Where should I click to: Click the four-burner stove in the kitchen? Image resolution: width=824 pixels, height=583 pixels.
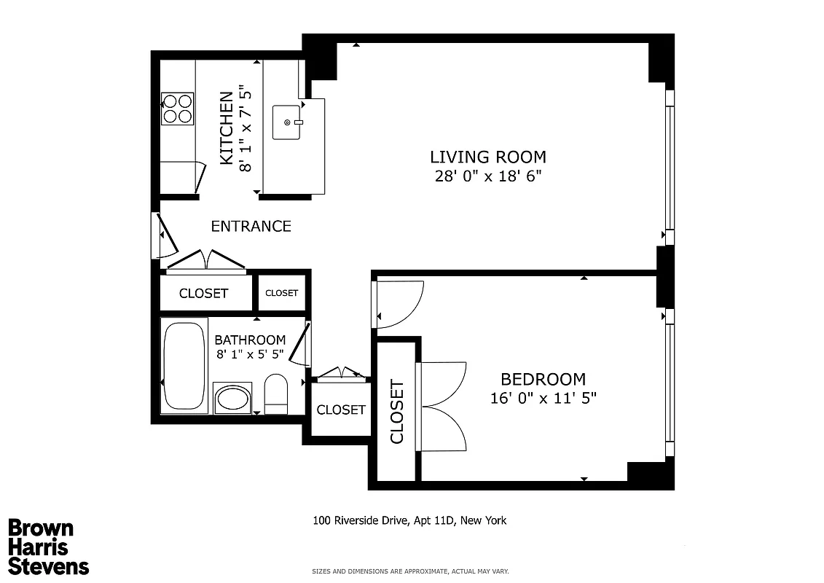pos(177,109)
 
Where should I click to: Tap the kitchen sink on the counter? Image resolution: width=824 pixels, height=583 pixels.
pos(287,122)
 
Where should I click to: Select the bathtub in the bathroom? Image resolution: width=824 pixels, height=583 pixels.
pos(184,366)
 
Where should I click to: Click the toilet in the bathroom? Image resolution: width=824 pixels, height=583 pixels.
pos(276,394)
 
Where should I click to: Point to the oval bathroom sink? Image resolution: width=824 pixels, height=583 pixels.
pos(232,399)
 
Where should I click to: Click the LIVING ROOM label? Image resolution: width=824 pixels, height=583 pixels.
pos(487,157)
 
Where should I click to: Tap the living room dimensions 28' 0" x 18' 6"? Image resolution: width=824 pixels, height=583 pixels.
pos(487,176)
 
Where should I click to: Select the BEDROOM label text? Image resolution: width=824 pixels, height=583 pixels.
pos(543,379)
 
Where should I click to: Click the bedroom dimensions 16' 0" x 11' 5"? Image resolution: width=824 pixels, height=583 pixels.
pos(544,398)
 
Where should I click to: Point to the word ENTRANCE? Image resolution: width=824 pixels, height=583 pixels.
pos(251,227)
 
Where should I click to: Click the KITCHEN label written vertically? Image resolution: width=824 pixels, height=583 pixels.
pos(227,128)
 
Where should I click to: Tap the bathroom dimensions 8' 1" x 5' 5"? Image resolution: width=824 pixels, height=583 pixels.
pos(250,355)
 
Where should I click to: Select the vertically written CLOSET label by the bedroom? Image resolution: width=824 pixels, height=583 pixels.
pos(397,412)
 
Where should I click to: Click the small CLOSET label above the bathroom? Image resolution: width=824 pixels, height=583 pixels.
pos(281,293)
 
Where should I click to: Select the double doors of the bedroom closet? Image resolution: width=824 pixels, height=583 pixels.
pos(443,406)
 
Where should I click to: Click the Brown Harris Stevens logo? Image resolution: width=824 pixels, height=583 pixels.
pos(48,547)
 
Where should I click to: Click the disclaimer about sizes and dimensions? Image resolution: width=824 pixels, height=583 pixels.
pos(410,571)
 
